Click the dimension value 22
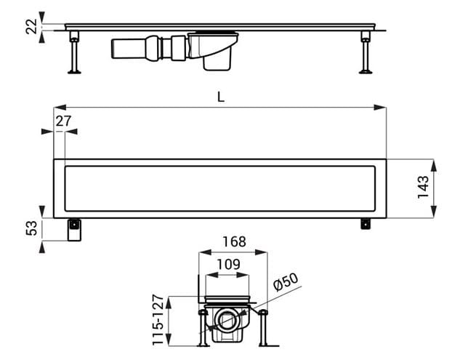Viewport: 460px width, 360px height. click(x=31, y=27)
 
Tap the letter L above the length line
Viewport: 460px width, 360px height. click(x=221, y=97)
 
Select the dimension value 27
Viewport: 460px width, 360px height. click(x=63, y=121)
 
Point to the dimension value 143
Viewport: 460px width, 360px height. click(x=423, y=187)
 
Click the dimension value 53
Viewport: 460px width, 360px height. click(x=32, y=228)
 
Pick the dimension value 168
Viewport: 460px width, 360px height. click(x=234, y=242)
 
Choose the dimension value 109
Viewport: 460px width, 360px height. click(x=228, y=265)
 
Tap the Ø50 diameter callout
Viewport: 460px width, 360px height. click(x=286, y=281)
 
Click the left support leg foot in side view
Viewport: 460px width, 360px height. click(x=74, y=71)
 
